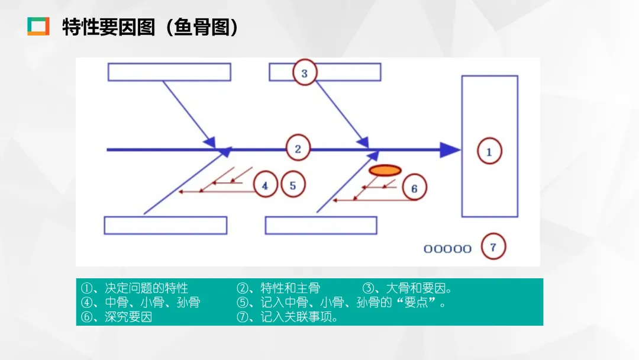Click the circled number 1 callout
[x=489, y=151]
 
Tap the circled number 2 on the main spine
[x=298, y=149]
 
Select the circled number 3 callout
[x=304, y=73]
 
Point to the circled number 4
[x=264, y=185]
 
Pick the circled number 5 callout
[x=293, y=185]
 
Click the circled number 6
[x=414, y=188]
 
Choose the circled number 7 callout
[x=493, y=247]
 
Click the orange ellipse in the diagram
[x=385, y=171]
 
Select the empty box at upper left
[x=169, y=72]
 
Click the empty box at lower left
[x=166, y=225]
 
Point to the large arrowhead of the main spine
[x=451, y=150]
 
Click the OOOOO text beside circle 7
[x=447, y=249]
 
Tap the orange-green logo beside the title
[x=38, y=27]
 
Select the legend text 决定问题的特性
[x=146, y=288]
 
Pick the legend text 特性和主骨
[x=290, y=288]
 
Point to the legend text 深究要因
[x=128, y=317]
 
